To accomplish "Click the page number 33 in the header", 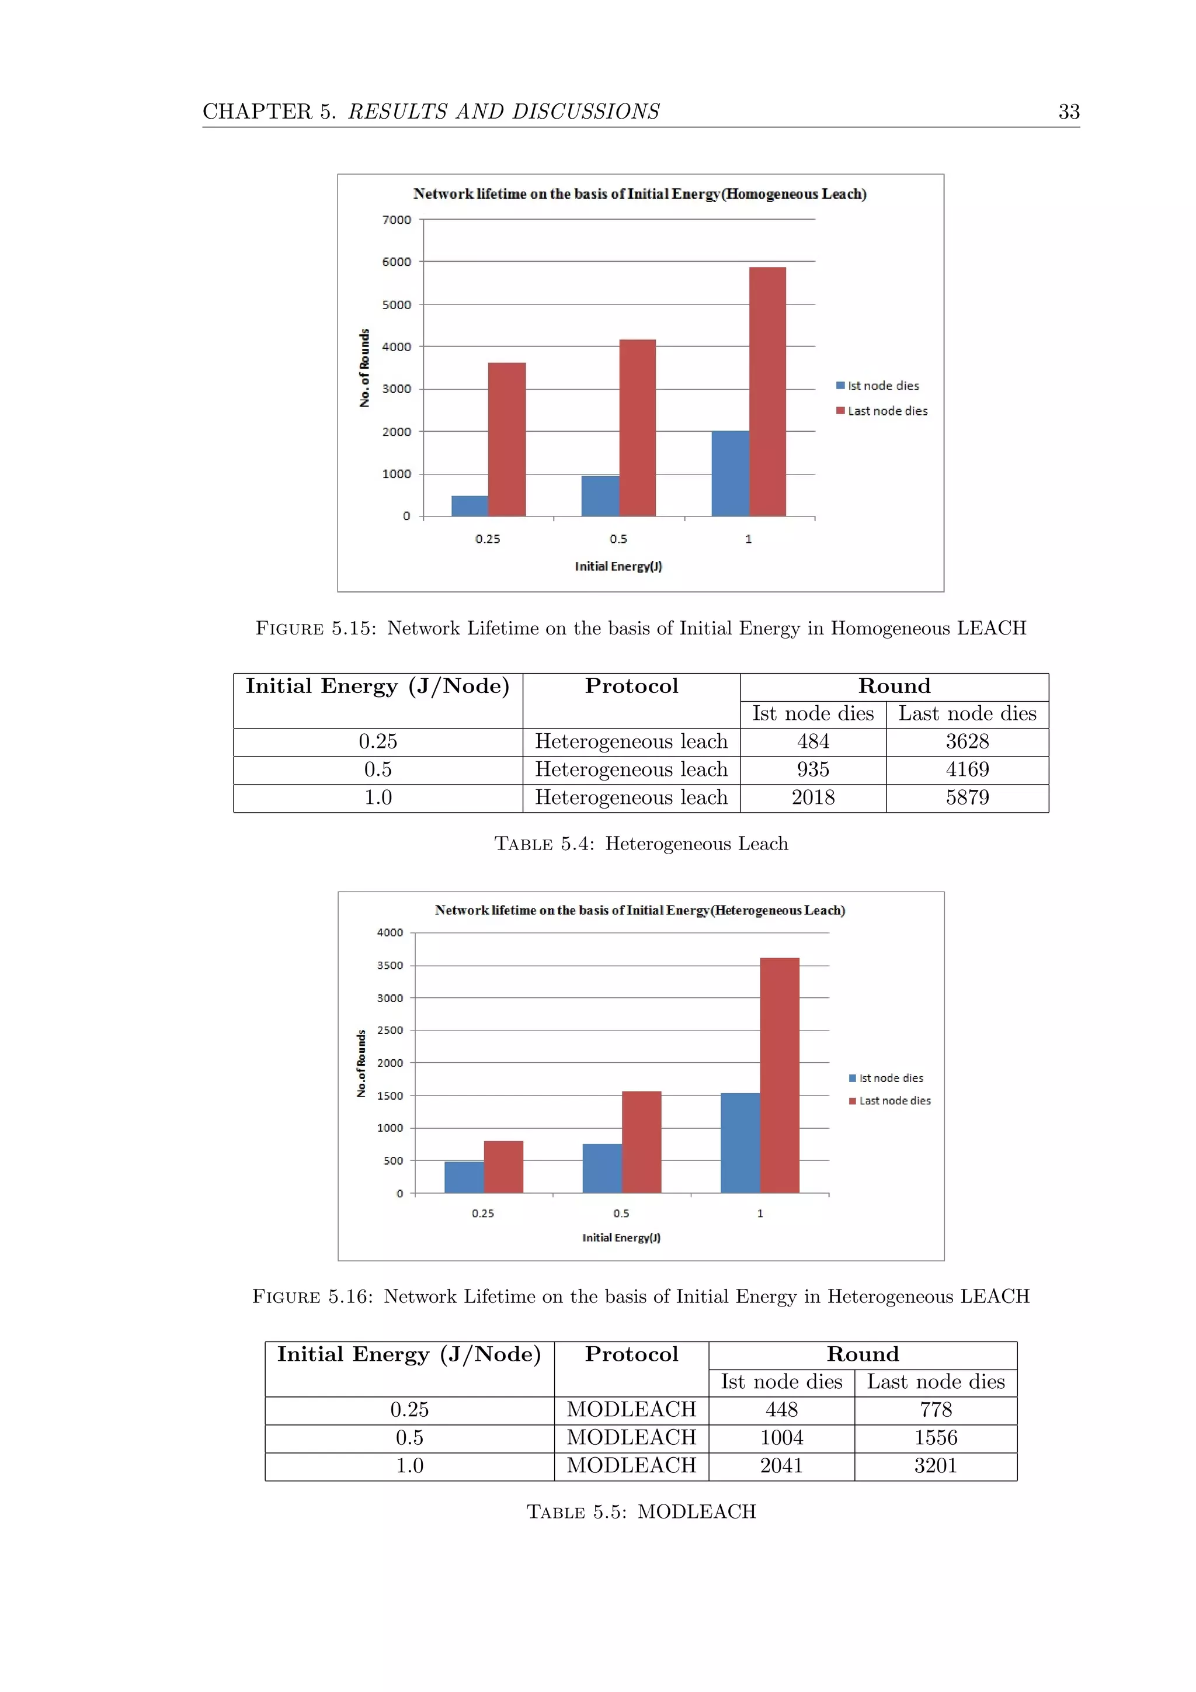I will point(1068,112).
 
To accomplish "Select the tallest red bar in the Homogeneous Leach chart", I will point(767,391).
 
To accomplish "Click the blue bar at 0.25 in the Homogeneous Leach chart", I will point(470,507).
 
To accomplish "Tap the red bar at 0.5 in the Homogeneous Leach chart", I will point(637,428).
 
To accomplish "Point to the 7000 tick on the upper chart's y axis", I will point(396,220).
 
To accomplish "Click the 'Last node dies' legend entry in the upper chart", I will point(886,411).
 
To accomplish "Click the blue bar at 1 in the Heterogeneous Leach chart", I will point(740,1142).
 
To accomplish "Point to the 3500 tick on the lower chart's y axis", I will point(390,965).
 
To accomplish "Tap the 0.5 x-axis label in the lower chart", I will point(621,1213).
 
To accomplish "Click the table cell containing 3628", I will point(967,742).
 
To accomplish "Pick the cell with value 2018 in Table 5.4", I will point(813,798).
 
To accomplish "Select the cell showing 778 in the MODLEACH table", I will point(936,1410).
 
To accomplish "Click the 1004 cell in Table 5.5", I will point(781,1438).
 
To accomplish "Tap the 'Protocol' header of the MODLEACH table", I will point(631,1354).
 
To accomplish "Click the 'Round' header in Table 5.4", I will point(894,686).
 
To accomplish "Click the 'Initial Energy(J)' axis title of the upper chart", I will point(618,566).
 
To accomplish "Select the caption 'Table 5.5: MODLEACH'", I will point(641,1511).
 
